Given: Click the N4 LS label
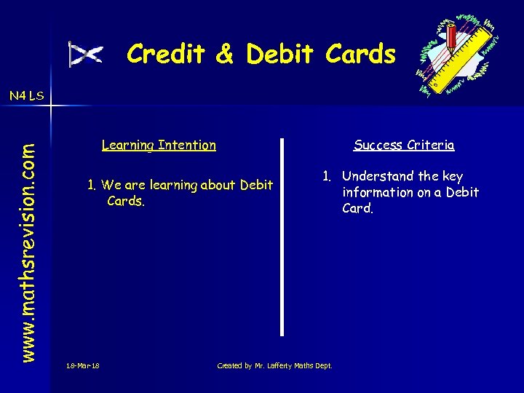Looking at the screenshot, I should (x=27, y=95).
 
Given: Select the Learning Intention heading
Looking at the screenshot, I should (x=159, y=145).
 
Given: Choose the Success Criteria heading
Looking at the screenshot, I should (x=404, y=145).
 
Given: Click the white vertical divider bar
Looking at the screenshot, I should (x=282, y=237).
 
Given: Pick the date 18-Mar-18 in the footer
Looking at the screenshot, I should (x=82, y=365).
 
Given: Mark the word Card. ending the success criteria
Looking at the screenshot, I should (x=358, y=208).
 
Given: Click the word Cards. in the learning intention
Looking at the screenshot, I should (x=125, y=201).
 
